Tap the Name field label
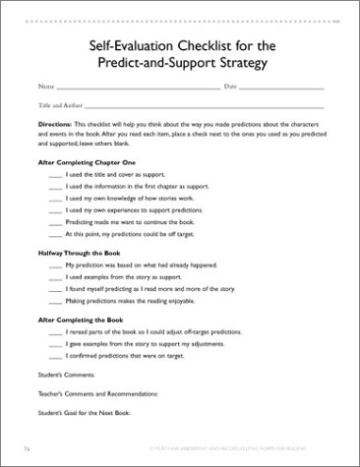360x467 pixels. pyautogui.click(x=45, y=88)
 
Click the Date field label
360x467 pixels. pyautogui.click(x=231, y=88)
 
